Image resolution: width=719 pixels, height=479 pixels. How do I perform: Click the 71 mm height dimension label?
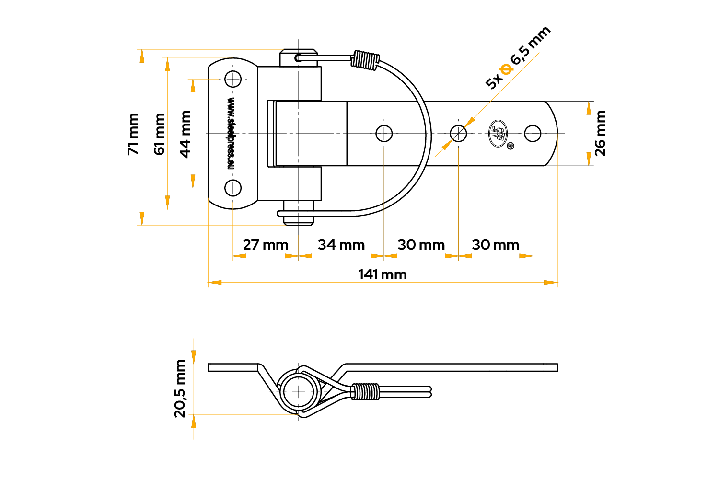(133, 134)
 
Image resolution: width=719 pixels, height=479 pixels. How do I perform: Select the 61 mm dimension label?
(159, 134)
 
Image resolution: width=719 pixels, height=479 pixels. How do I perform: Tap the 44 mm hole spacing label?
(185, 134)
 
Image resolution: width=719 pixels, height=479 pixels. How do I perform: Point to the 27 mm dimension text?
(266, 245)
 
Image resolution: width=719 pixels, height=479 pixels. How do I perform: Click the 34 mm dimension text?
(341, 245)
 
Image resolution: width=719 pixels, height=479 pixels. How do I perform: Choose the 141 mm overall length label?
(383, 274)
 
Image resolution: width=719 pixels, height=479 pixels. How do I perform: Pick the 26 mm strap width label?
(600, 134)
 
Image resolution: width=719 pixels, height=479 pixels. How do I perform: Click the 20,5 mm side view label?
(180, 388)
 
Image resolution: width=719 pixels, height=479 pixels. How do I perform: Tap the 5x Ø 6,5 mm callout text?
(518, 58)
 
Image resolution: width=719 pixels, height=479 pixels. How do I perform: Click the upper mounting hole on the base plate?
(232, 79)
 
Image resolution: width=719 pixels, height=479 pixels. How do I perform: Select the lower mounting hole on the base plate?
(232, 188)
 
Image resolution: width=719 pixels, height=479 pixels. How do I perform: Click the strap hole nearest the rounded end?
(533, 134)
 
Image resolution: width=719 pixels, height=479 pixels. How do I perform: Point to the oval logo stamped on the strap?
(498, 134)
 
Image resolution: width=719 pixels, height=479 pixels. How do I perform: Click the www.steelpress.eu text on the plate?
(231, 133)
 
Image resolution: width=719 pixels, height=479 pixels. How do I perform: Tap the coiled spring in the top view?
(365, 60)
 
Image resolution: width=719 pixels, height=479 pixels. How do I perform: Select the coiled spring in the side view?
(365, 392)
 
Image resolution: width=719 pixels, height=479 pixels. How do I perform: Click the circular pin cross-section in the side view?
(299, 392)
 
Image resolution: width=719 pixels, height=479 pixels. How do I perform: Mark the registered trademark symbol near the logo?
(510, 146)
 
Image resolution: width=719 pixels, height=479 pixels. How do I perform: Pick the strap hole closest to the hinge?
(384, 134)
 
